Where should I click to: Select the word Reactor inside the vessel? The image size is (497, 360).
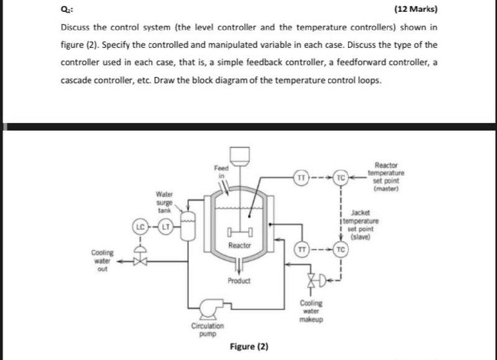[239, 246]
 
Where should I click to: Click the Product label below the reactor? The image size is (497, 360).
[239, 281]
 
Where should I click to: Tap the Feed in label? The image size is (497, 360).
[221, 172]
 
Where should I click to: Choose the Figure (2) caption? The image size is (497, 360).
[248, 346]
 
